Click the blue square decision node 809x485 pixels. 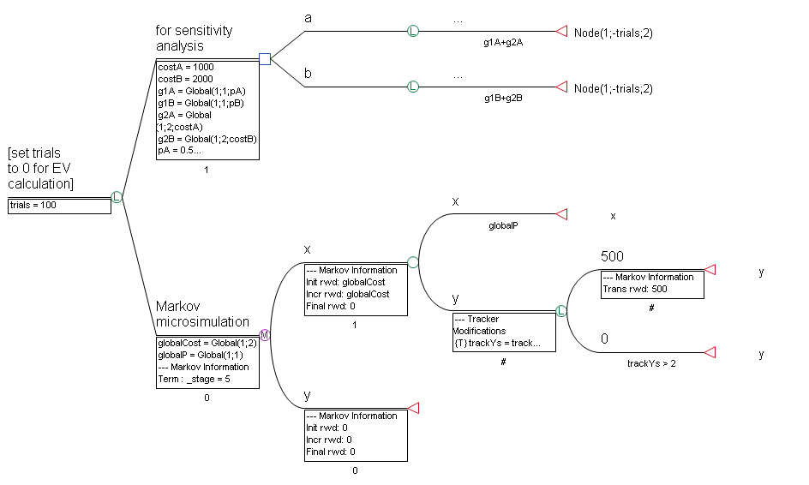tap(265, 59)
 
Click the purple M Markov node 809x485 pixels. tap(265, 336)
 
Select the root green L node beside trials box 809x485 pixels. tap(117, 197)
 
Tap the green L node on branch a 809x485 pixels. tap(412, 32)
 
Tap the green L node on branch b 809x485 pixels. tap(412, 87)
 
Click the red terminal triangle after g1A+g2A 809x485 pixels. tap(561, 32)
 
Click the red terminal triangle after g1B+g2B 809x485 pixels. tap(561, 87)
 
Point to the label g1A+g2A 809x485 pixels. tap(503, 42)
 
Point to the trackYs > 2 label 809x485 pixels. tap(652, 363)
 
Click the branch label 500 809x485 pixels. tap(612, 257)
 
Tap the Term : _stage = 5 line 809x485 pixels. tap(194, 378)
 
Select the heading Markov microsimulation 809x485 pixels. tap(202, 314)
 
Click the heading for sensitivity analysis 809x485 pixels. tap(194, 38)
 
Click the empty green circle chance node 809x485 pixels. tap(412, 263)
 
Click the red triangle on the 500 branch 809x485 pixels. tap(710, 270)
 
